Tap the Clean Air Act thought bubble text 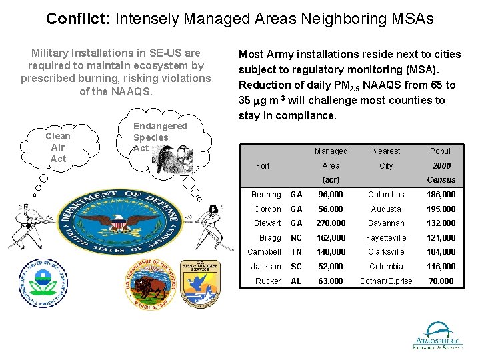pyautogui.click(x=58, y=147)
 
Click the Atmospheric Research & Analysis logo pyautogui.click(x=437, y=336)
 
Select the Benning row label pyautogui.click(x=266, y=195)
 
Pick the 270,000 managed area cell pyautogui.click(x=331, y=223)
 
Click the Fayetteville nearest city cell pyautogui.click(x=386, y=238)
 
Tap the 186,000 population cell pyautogui.click(x=441, y=195)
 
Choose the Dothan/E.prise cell pyautogui.click(x=386, y=281)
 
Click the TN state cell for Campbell pyautogui.click(x=296, y=252)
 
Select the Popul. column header pyautogui.click(x=441, y=151)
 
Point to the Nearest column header pyautogui.click(x=386, y=151)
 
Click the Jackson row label pyautogui.click(x=266, y=267)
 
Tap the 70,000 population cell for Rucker pyautogui.click(x=441, y=281)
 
